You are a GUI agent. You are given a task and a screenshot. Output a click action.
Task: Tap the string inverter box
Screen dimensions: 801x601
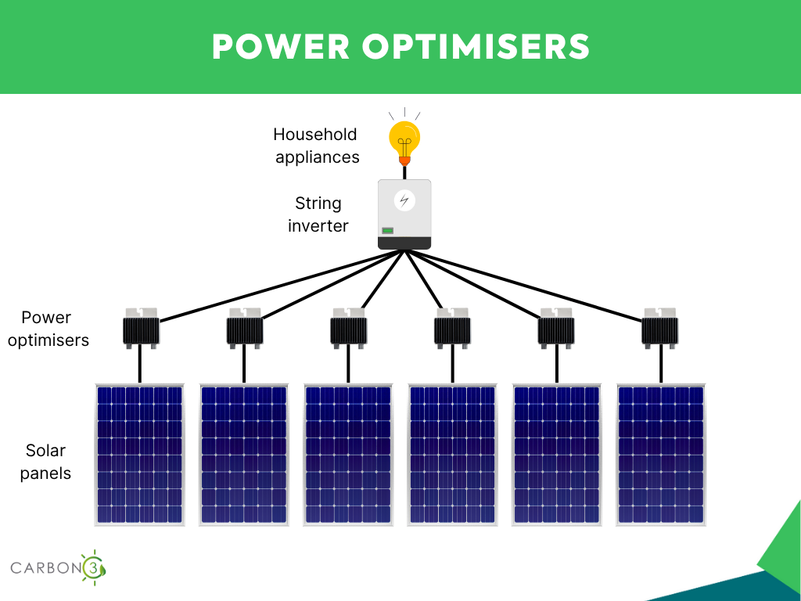point(404,214)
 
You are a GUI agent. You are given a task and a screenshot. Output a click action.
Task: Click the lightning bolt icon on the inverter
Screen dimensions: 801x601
point(404,200)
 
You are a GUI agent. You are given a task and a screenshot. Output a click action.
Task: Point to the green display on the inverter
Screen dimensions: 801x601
point(388,231)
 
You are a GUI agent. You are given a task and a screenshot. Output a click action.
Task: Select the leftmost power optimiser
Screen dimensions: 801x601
point(141,328)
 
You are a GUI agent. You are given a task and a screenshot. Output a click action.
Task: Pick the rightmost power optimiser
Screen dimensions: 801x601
point(660,328)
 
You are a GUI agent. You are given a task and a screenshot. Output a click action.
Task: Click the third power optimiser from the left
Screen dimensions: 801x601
point(348,328)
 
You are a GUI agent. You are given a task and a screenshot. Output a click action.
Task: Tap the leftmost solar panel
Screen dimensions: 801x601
point(139,455)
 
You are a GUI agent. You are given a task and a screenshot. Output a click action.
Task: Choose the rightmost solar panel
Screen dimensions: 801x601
point(660,455)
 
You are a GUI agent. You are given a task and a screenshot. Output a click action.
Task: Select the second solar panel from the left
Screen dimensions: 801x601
point(244,455)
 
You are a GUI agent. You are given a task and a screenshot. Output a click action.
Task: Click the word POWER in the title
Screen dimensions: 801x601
point(281,46)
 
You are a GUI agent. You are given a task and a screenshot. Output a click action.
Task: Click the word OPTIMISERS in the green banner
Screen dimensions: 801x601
point(476,46)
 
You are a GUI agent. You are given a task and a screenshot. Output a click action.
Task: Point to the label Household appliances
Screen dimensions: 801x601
point(316,146)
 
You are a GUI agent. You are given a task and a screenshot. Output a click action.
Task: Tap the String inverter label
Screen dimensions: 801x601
point(318,214)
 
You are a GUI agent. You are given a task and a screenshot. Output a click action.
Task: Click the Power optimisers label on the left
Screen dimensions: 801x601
point(48,329)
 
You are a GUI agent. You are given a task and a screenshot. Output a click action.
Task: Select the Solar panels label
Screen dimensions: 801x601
point(45,462)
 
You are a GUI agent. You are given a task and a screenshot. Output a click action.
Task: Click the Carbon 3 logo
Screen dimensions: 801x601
point(58,567)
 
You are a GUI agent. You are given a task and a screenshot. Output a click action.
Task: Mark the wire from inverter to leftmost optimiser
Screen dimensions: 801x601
point(282,286)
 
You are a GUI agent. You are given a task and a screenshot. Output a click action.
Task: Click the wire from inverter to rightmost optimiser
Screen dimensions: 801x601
point(524,286)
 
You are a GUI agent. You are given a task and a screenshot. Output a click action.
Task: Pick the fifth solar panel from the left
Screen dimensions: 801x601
point(556,455)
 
